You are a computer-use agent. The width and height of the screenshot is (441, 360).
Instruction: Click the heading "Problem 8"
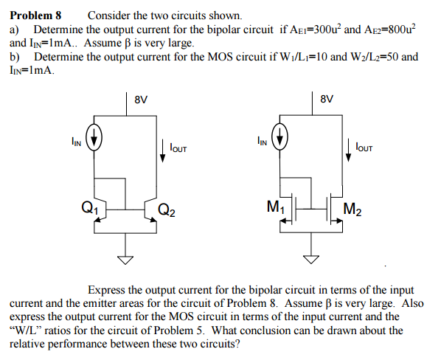point(35,15)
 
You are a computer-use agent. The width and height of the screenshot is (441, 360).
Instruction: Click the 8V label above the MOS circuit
point(328,100)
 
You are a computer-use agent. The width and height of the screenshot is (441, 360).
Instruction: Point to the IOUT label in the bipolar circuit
point(178,149)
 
